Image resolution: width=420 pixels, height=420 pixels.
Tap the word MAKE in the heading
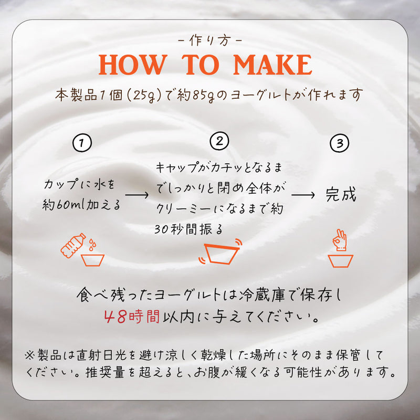(272, 65)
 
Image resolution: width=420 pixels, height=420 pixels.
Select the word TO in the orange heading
(201, 65)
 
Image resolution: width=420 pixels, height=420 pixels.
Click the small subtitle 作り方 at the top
(210, 41)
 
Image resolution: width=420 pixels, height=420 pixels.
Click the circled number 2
(219, 141)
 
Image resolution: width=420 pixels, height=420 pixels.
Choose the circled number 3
(339, 143)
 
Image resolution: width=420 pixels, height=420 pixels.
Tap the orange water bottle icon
(73, 245)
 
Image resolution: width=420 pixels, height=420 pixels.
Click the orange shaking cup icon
(220, 252)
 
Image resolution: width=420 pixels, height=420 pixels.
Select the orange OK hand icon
(339, 240)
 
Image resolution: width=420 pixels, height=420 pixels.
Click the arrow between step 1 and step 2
(136, 195)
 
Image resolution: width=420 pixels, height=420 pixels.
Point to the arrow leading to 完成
(303, 195)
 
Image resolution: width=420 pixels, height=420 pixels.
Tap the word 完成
(341, 194)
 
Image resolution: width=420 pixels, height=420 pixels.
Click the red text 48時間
(132, 317)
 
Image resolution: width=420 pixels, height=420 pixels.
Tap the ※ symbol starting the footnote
(30, 355)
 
